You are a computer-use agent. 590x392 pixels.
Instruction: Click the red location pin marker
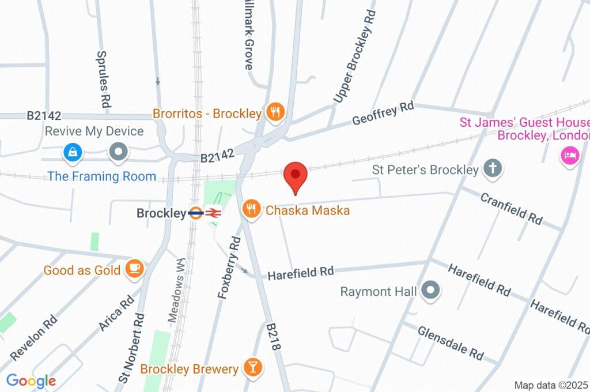296,175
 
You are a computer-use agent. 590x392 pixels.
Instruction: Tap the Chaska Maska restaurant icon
251,209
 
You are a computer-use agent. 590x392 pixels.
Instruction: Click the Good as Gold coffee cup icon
134,269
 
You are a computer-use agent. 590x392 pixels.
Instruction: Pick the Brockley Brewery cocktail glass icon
252,367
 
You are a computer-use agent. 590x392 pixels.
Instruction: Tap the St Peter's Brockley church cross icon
493,169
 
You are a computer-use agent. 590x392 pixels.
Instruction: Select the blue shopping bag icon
73,153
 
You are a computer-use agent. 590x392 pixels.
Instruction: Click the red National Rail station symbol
213,213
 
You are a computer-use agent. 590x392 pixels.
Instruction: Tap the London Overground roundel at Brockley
195,213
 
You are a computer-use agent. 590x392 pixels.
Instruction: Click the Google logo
31,380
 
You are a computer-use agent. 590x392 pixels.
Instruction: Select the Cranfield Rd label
511,208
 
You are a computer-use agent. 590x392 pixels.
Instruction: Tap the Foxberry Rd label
229,267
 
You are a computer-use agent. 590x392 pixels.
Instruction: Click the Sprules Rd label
104,80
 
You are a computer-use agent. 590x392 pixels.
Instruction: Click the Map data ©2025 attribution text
551,385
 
